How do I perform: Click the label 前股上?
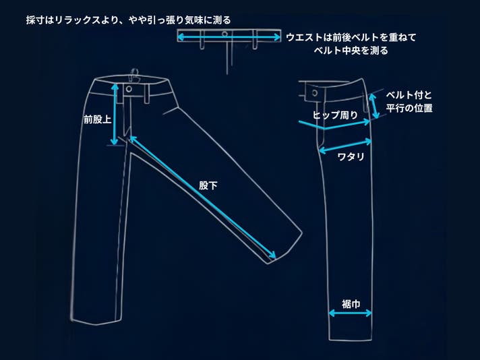(96, 119)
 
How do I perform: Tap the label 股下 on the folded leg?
(208, 185)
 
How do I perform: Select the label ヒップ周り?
(335, 115)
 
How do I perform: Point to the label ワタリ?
(351, 157)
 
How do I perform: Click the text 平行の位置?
(409, 108)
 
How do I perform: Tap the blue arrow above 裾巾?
(351, 313)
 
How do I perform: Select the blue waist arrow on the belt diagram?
(229, 38)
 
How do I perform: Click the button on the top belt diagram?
(224, 33)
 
